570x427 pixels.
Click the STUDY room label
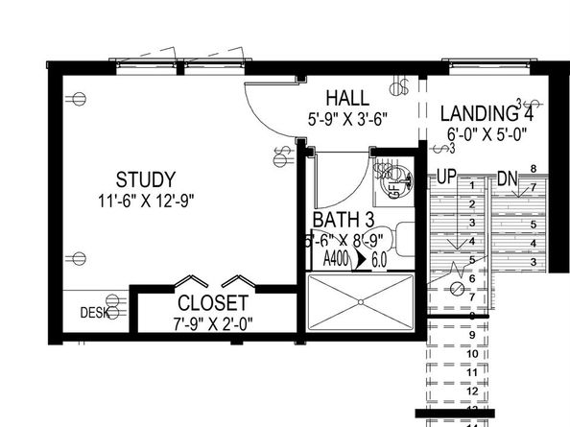point(146,179)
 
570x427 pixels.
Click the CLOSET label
point(214,303)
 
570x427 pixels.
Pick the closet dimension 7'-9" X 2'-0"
point(214,323)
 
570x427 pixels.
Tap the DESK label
point(91,312)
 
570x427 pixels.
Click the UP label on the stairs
point(445,178)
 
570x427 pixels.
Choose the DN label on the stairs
point(508,178)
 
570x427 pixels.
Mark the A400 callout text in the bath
point(336,259)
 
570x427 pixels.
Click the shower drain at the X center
point(361,301)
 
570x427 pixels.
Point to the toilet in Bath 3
point(403,238)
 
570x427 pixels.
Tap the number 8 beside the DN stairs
point(534,170)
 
